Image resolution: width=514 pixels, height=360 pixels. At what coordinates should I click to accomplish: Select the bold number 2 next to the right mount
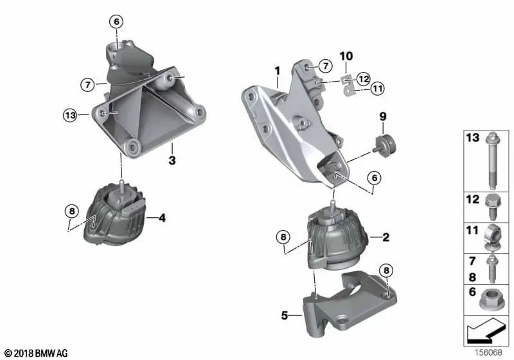click(386, 237)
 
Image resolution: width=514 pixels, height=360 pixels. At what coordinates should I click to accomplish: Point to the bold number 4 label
click(162, 219)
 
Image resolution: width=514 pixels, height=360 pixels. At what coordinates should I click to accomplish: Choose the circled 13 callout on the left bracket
click(71, 116)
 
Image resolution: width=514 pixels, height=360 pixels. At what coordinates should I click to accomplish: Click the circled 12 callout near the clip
click(363, 78)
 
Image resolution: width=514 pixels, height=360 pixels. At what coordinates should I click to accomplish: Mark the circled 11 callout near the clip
click(377, 89)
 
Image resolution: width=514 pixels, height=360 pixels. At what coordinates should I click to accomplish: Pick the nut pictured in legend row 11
click(493, 237)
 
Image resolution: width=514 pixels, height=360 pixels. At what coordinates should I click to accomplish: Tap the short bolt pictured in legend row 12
click(493, 203)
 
